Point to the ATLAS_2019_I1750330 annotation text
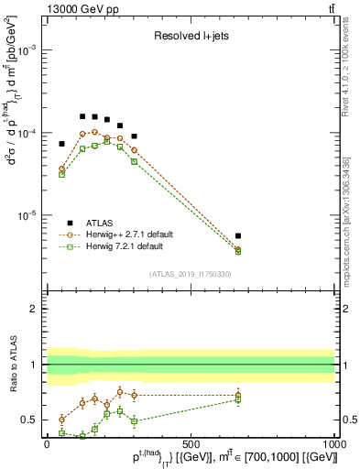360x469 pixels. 191,273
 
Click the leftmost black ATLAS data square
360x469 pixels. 62,144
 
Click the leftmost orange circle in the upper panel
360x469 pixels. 62,169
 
